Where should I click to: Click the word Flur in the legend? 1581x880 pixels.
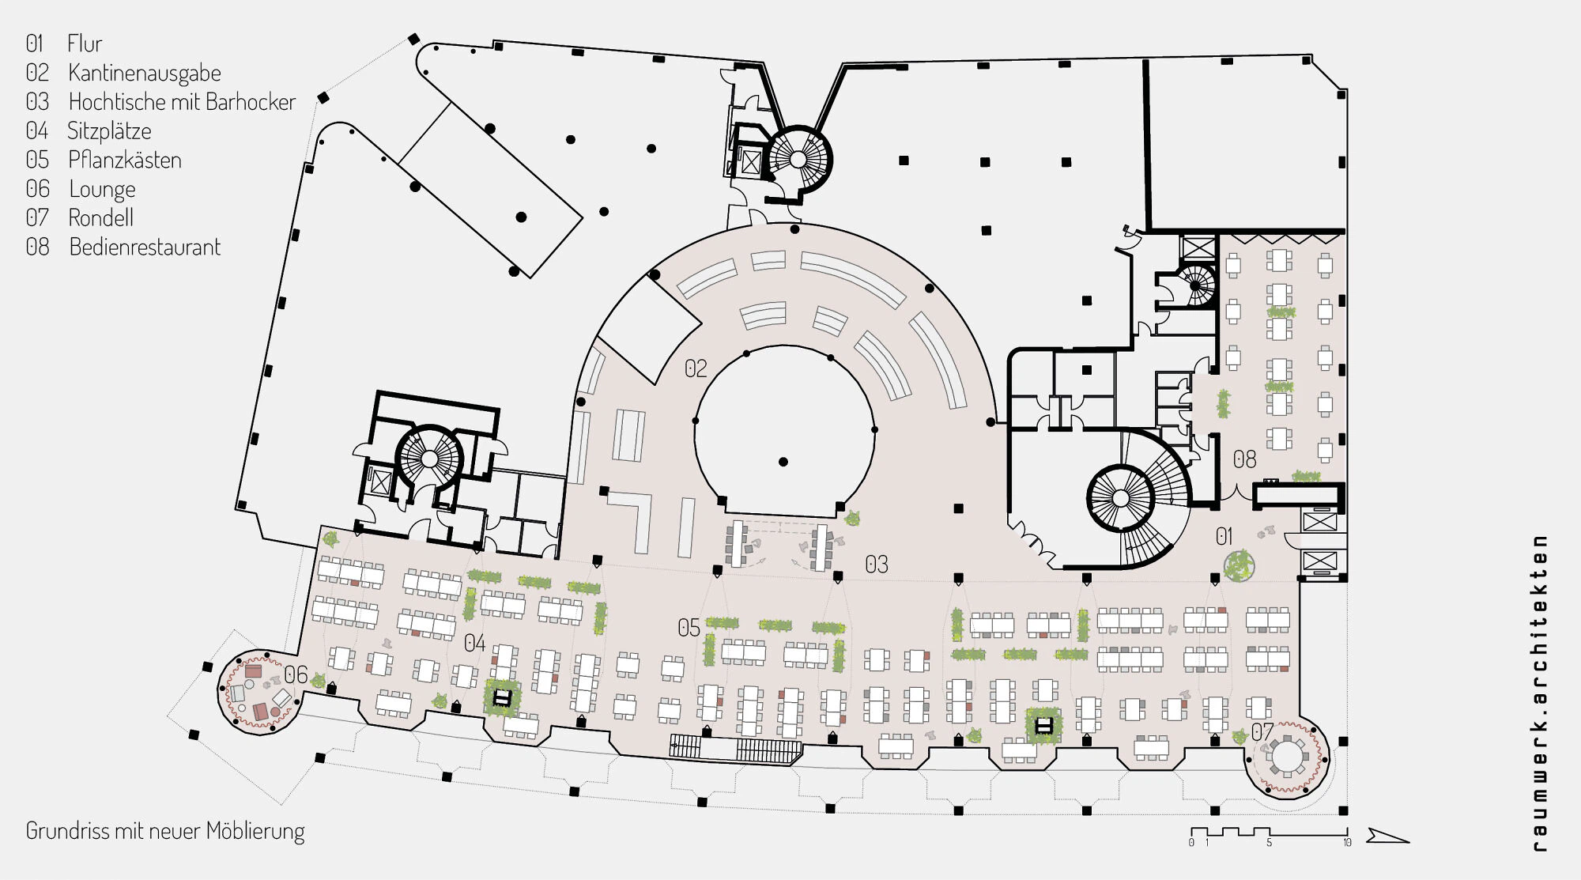tap(85, 43)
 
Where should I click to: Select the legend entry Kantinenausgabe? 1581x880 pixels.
tap(145, 73)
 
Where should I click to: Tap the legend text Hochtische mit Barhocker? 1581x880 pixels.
tap(182, 102)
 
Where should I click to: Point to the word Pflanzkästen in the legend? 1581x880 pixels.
tap(125, 160)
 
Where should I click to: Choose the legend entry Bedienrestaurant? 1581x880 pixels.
tap(145, 247)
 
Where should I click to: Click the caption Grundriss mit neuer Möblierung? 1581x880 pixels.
tap(165, 831)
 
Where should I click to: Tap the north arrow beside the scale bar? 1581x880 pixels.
tap(1387, 836)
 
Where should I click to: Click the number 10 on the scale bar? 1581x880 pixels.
tap(1346, 843)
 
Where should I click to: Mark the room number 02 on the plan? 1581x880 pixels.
tap(696, 368)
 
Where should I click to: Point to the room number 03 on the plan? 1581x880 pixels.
tap(876, 565)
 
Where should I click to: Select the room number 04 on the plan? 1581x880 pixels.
tap(474, 643)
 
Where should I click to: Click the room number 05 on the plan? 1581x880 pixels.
tap(689, 628)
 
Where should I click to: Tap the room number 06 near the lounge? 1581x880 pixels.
tap(296, 674)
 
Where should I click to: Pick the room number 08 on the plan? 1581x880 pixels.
tap(1244, 459)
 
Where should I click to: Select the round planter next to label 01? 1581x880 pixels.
tap(1239, 566)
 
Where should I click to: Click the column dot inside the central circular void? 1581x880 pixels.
tap(783, 462)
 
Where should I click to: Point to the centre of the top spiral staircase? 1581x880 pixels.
tap(798, 160)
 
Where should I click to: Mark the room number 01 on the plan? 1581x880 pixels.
tap(1224, 537)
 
